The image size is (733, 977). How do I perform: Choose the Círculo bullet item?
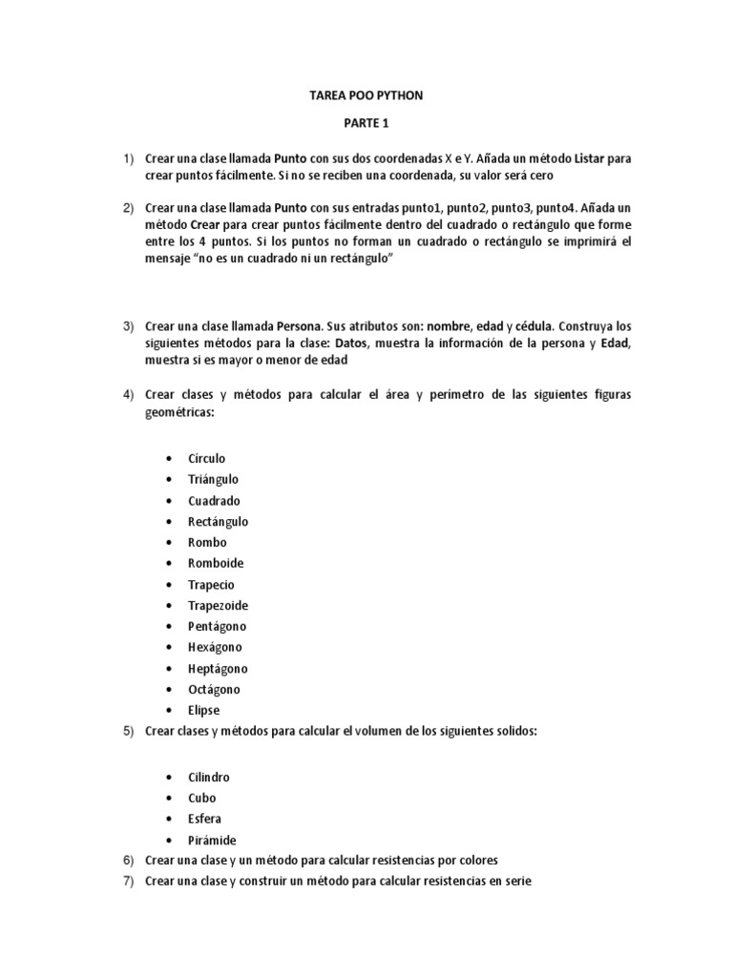click(x=207, y=458)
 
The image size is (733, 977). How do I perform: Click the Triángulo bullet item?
click(x=214, y=479)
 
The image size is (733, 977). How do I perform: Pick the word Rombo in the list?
click(x=207, y=542)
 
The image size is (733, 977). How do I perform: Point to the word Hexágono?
click(x=215, y=647)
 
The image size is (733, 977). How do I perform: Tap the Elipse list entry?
click(x=204, y=710)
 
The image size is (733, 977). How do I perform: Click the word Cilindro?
click(x=209, y=777)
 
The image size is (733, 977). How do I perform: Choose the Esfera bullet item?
click(x=205, y=819)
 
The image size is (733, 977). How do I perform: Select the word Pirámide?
click(x=212, y=840)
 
